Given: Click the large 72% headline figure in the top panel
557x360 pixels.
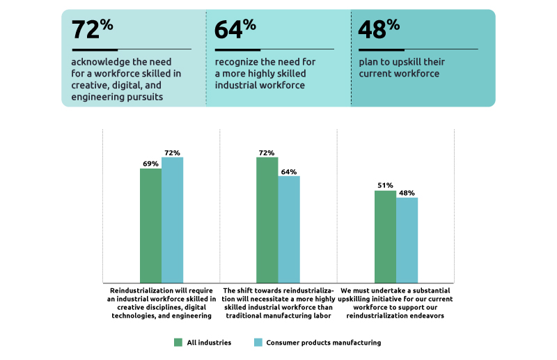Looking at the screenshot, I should (92, 29).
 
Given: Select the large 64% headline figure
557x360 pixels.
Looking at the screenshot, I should (235, 29).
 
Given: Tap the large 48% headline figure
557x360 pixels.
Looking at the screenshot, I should (379, 29).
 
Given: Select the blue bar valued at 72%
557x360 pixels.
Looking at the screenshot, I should (172, 219).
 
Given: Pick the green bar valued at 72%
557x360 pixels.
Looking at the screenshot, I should (267, 219).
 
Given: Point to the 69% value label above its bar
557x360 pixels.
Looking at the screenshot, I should (150, 164).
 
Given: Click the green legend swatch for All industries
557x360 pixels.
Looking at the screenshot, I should (178, 343).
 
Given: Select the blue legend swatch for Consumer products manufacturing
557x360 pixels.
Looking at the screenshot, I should (258, 343).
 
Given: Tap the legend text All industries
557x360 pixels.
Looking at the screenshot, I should (208, 343).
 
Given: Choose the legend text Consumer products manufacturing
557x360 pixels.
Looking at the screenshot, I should (323, 343).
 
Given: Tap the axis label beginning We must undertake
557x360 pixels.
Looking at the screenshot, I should (395, 303).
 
